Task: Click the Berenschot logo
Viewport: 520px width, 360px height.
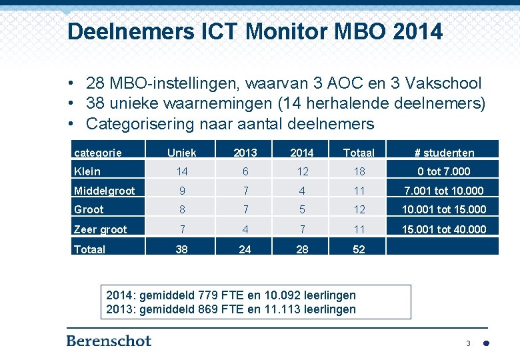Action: [x=109, y=341]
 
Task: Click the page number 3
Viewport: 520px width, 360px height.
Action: [x=468, y=343]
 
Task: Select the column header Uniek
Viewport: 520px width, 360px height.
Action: [x=181, y=153]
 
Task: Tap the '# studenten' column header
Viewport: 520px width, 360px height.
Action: [x=443, y=153]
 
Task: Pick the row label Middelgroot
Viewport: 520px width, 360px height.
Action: [x=105, y=191]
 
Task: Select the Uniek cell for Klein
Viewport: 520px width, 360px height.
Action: [x=181, y=171]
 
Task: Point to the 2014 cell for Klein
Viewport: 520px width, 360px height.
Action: [x=302, y=171]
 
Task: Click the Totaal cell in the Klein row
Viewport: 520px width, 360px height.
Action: [x=359, y=171]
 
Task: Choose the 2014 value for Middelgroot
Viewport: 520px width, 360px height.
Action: [x=302, y=191]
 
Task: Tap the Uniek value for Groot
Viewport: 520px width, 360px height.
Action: [x=181, y=209]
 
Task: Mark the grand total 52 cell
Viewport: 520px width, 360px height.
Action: [x=359, y=249]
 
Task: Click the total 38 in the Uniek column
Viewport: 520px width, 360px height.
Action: [x=181, y=249]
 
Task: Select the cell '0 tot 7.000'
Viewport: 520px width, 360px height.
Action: [x=443, y=171]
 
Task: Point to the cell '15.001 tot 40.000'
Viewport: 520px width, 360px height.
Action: [x=443, y=229]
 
